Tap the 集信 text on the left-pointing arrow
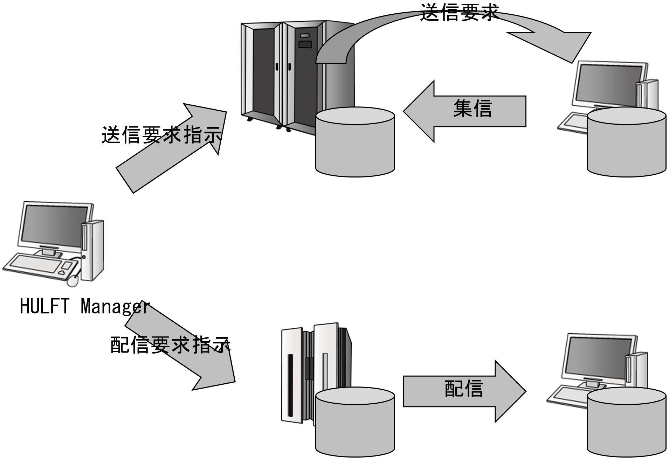point(473,108)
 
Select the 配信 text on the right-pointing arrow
point(464,388)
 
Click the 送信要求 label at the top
point(459,13)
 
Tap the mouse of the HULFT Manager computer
point(73,280)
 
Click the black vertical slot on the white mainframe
point(290,385)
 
